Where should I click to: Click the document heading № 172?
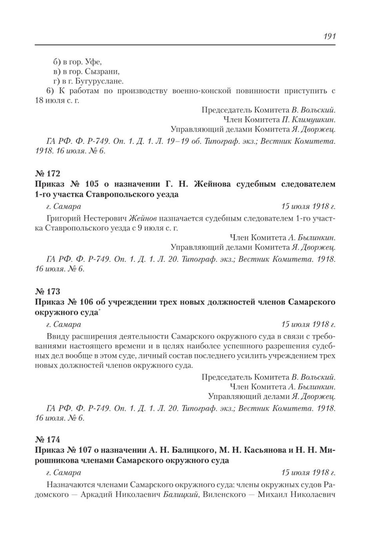click(48, 173)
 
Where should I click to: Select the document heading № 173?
click(48, 292)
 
